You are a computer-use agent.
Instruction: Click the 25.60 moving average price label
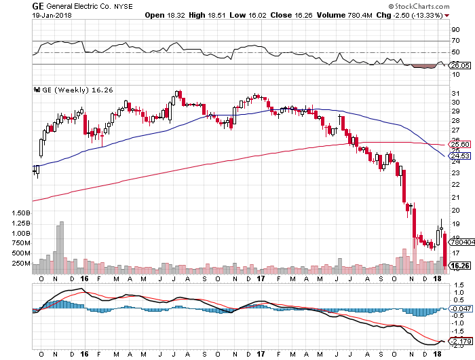click(x=460, y=144)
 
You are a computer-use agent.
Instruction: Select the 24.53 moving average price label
click(x=460, y=156)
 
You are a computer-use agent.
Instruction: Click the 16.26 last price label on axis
click(x=460, y=266)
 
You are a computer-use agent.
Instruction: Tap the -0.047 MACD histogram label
click(x=460, y=308)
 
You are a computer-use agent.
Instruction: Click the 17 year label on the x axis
click(x=261, y=278)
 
